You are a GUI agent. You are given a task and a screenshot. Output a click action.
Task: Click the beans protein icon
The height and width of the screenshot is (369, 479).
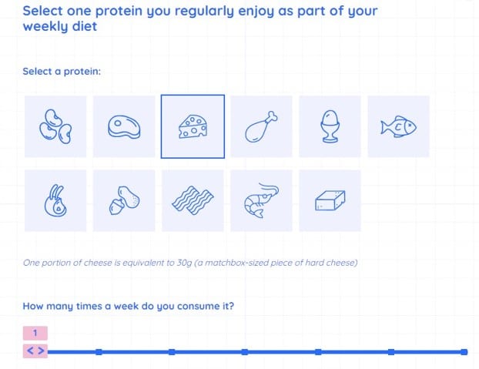(x=55, y=126)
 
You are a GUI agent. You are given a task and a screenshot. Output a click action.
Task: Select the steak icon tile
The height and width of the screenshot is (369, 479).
(x=124, y=126)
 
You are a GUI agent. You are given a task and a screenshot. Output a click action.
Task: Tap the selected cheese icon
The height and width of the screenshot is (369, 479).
(x=193, y=126)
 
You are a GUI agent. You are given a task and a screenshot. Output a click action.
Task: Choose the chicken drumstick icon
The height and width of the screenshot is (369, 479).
(x=261, y=126)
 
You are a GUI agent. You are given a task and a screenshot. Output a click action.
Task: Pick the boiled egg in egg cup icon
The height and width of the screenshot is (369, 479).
(x=330, y=126)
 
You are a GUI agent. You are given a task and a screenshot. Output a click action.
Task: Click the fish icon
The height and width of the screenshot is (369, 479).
(x=398, y=126)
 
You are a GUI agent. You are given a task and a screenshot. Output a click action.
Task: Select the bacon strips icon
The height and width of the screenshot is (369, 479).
(x=193, y=200)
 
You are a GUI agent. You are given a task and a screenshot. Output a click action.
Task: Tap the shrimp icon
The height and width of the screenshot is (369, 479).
(x=261, y=200)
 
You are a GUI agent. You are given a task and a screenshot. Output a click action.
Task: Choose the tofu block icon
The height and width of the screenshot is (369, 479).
(x=330, y=200)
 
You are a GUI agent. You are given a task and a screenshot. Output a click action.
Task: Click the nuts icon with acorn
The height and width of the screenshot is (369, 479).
(x=124, y=200)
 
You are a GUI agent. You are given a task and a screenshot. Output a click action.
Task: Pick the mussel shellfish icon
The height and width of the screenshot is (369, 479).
(x=55, y=200)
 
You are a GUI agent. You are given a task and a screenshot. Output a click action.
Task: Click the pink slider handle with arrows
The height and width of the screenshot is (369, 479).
(x=35, y=351)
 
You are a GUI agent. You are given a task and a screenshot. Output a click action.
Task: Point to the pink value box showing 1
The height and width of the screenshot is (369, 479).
(x=35, y=333)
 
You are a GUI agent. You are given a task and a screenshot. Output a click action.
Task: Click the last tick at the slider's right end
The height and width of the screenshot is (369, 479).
(x=464, y=352)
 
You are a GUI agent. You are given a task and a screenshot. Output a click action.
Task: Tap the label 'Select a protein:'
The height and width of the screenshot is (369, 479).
(x=62, y=72)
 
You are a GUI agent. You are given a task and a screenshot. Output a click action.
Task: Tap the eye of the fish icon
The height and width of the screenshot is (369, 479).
(x=410, y=125)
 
